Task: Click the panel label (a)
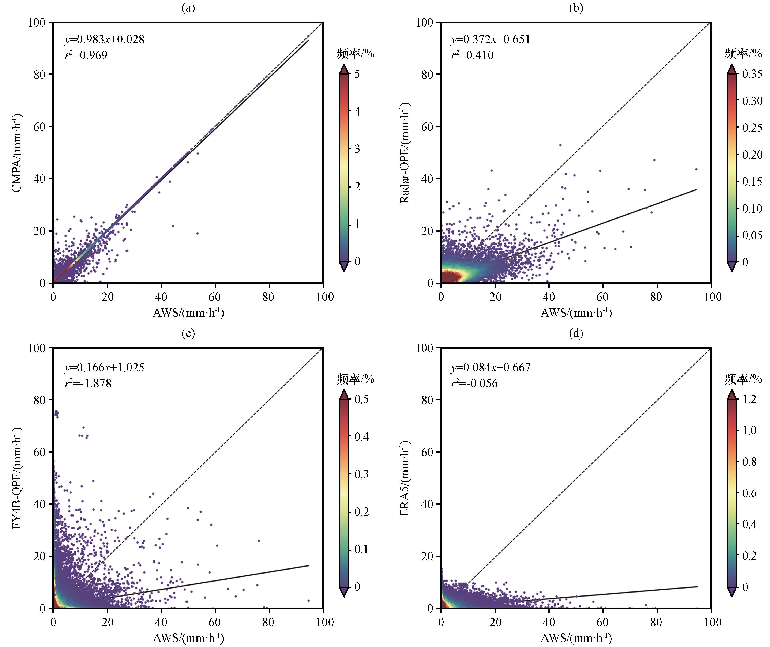pos(188,8)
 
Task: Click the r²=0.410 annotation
pos(472,55)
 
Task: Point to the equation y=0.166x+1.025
pos(105,367)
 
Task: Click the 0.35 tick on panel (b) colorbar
pos(752,74)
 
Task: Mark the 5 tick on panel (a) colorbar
pos(357,74)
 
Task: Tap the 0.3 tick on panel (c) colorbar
pos(361,474)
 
